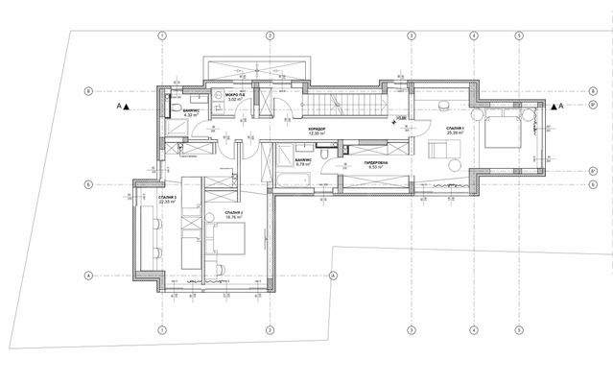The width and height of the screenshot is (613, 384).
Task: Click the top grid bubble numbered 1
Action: click(162, 36)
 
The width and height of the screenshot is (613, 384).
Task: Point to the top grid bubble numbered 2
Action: click(271, 36)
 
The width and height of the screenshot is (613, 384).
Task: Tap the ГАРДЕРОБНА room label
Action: click(375, 164)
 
